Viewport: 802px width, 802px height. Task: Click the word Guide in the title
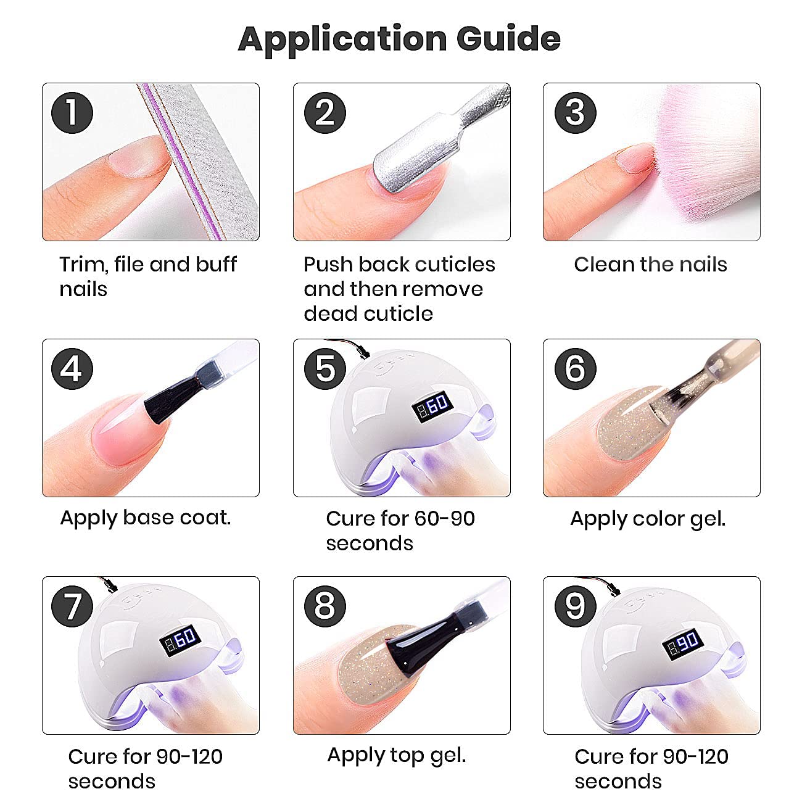[x=508, y=38]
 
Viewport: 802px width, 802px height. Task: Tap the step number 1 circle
[x=72, y=113]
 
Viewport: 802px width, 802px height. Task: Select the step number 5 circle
[x=325, y=369]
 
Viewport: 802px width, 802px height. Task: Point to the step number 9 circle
[x=575, y=606]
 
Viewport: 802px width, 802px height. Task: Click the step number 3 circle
[x=575, y=113]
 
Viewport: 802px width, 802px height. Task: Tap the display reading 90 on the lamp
[x=682, y=643]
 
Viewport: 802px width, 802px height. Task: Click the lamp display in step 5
[x=432, y=406]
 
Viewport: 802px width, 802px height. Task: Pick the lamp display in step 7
[x=180, y=640]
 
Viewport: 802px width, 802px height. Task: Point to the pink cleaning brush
[x=703, y=154]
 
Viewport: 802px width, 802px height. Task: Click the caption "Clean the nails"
[x=650, y=264]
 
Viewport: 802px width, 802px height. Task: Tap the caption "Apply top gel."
[x=397, y=756]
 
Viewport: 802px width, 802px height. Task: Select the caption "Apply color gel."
[x=648, y=519]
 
